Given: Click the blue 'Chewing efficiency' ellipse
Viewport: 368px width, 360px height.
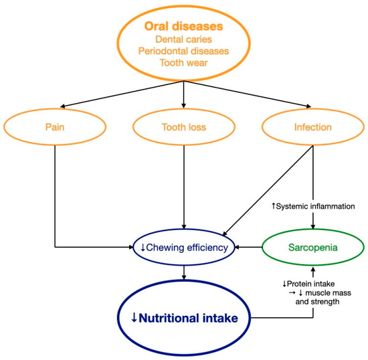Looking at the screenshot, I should click(183, 247).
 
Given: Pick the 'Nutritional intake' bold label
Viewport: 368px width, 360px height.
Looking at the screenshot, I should click(189, 317).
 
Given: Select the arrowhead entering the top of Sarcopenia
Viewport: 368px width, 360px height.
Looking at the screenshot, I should click(311, 227).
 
